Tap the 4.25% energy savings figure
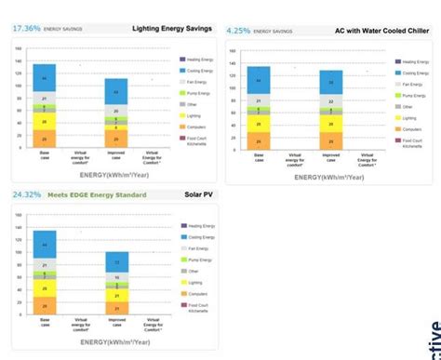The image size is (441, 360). coord(239,31)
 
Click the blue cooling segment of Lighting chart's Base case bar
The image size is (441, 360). coord(44,78)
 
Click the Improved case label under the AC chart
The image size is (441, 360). coord(330,156)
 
